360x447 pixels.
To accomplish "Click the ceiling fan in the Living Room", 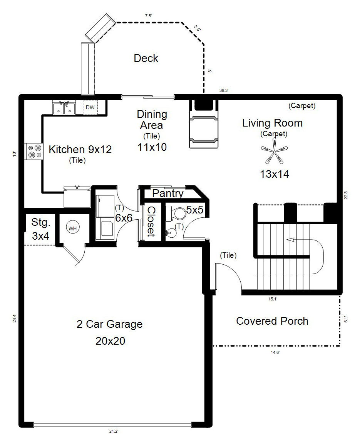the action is pos(274,151).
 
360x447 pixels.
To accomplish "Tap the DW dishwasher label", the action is pos(90,107).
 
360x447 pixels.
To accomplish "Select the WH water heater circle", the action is pos(72,229).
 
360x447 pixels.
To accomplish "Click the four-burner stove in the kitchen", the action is pos(33,151).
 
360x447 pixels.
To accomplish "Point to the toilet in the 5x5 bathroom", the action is pos(176,213).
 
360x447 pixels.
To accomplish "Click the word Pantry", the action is pos(168,193).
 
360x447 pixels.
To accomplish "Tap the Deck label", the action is pos(146,58).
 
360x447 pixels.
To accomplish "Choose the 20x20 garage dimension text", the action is pos(111,341).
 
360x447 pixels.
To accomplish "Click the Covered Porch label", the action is pos(272,321).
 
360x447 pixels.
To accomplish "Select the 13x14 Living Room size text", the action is pos(275,174).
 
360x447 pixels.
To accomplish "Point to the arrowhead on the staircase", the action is pos(290,240).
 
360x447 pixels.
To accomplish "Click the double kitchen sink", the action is pos(64,108).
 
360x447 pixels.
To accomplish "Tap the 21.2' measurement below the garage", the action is pos(114,431).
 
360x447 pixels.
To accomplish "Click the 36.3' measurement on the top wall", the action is pos(224,90).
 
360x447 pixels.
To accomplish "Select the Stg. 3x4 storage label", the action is pos(40,229).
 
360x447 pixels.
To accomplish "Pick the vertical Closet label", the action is pos(151,222).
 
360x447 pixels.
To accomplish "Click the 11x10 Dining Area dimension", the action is pos(152,147).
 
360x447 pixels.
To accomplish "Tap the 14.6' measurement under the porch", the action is pos(275,352).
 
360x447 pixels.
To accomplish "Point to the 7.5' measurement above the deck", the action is pos(148,16).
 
